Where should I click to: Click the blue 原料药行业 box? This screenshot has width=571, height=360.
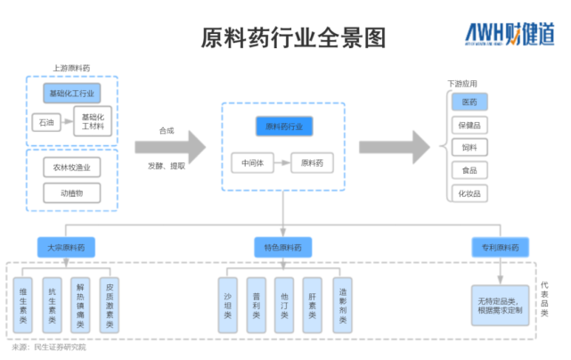click(x=284, y=127)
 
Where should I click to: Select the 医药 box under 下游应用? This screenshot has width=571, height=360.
click(x=469, y=102)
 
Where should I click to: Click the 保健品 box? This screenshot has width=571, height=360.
click(x=469, y=125)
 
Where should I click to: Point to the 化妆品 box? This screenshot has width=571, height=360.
click(x=469, y=192)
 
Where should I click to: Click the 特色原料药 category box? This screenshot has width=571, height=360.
click(x=282, y=247)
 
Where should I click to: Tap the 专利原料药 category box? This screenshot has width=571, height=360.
click(x=500, y=247)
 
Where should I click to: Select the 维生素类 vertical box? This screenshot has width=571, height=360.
click(x=24, y=306)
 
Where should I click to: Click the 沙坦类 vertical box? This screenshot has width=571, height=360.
click(x=228, y=306)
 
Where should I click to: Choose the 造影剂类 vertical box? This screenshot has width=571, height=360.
click(x=342, y=306)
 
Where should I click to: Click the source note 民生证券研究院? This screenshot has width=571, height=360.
click(x=61, y=348)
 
